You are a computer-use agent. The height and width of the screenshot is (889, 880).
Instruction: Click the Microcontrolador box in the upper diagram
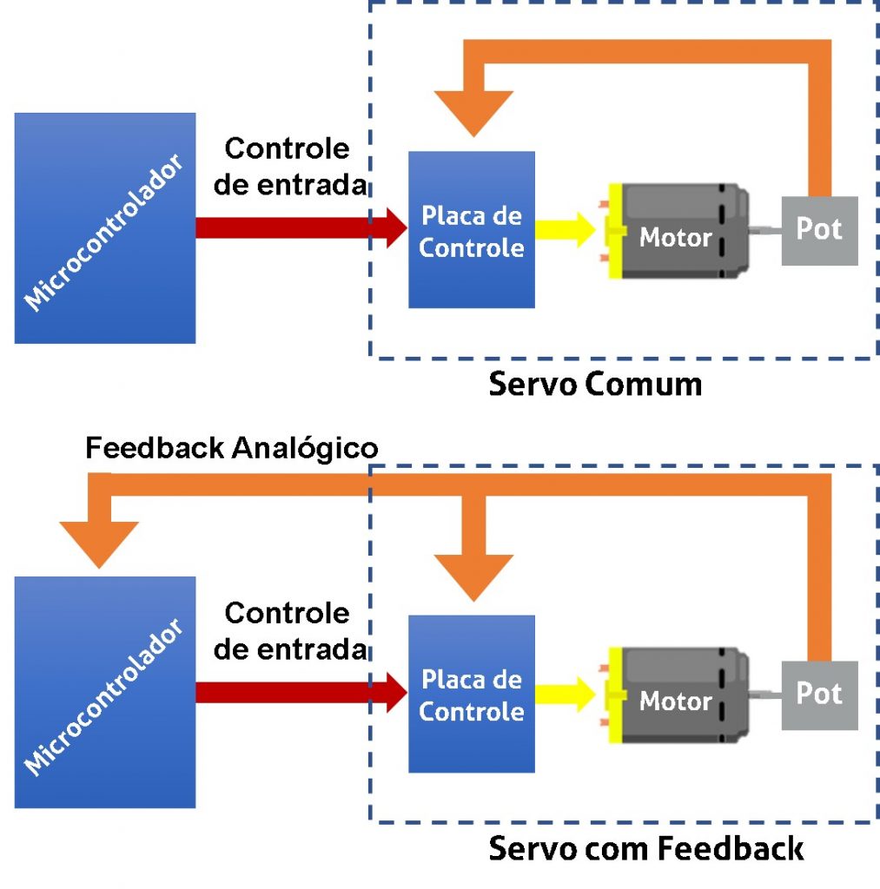pyautogui.click(x=104, y=227)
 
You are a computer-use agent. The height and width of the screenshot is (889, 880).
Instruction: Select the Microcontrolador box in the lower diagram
pyautogui.click(x=104, y=692)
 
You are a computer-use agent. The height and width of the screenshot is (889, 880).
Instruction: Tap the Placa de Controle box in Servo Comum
pyautogui.click(x=471, y=230)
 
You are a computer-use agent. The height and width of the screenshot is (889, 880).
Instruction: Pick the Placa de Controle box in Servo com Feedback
pyautogui.click(x=471, y=695)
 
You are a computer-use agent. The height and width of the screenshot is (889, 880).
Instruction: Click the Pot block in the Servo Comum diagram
pyautogui.click(x=819, y=230)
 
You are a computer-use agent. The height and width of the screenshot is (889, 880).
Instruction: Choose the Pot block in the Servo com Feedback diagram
pyautogui.click(x=819, y=695)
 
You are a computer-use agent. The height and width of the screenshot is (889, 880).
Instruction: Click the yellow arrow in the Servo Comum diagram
pyautogui.click(x=565, y=230)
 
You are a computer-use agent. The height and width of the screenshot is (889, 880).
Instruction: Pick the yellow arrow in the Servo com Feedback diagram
pyautogui.click(x=565, y=695)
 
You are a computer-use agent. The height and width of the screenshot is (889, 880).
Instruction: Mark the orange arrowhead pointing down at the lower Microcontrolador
pyautogui.click(x=99, y=543)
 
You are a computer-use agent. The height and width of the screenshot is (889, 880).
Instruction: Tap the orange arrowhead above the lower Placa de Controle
pyautogui.click(x=473, y=576)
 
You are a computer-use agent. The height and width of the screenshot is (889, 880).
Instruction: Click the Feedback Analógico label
pyautogui.click(x=232, y=448)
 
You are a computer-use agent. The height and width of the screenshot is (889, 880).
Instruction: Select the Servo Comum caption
pyautogui.click(x=595, y=384)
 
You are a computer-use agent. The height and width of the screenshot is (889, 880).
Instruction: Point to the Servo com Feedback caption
pyautogui.click(x=645, y=848)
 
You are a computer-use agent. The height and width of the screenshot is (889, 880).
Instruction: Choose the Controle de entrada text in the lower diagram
pyautogui.click(x=289, y=631)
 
